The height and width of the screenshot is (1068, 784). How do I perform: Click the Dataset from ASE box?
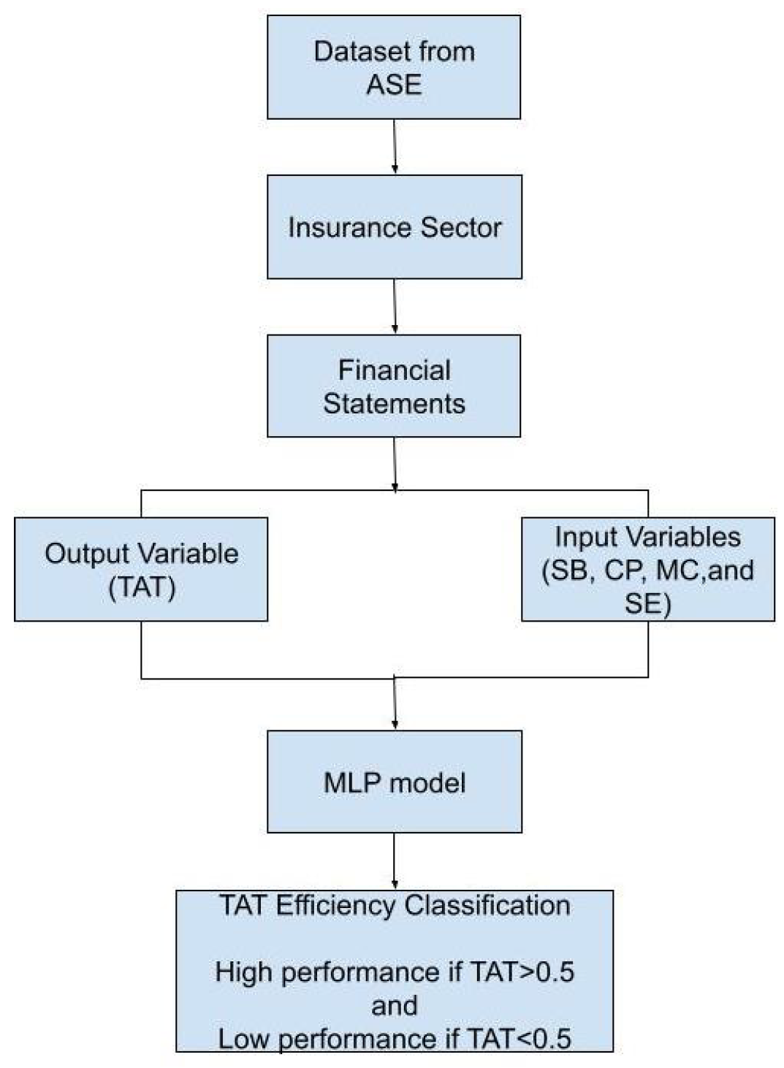(394, 67)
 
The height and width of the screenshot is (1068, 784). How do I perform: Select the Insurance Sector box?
(394, 226)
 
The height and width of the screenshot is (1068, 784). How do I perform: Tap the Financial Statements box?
(394, 386)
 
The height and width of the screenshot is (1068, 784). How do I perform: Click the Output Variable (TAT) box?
(141, 569)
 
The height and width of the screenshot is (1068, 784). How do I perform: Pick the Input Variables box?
(647, 569)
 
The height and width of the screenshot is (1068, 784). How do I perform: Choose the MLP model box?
(394, 782)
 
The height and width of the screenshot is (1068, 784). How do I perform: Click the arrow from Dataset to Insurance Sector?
(395, 146)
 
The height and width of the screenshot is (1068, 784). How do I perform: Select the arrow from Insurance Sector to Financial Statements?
(395, 306)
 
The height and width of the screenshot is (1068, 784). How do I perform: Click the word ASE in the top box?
(394, 85)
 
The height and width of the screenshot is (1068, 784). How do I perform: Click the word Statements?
(394, 403)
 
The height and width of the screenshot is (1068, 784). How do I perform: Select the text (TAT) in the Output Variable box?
(142, 587)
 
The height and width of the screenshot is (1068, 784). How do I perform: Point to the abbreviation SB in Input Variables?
(569, 570)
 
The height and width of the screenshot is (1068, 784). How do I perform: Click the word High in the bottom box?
(243, 972)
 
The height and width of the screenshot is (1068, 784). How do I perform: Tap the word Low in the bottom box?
(245, 1038)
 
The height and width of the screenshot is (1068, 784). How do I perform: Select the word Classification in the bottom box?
(487, 905)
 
